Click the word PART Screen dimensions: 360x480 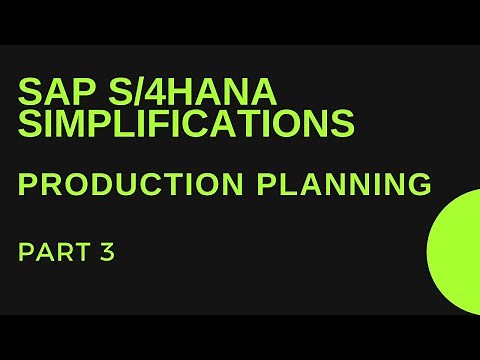[53, 252]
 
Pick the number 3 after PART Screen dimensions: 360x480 [107, 252]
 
